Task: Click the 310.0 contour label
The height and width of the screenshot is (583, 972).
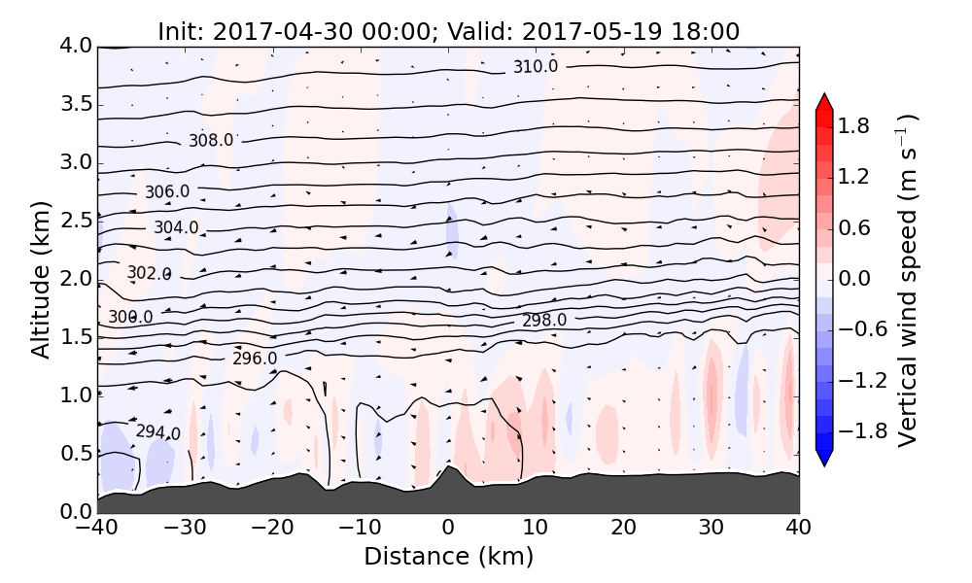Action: coord(536,66)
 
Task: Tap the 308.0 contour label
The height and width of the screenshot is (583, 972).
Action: coord(211,140)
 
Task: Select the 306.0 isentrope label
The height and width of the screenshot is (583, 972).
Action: coord(167,191)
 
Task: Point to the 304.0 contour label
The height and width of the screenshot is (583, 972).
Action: coord(176,227)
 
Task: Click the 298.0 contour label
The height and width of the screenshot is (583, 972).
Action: coord(544,321)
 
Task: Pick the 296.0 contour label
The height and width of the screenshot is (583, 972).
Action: coord(255,359)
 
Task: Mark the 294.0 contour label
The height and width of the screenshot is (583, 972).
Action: coord(157,431)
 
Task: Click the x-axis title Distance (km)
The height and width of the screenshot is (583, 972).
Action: coord(448,557)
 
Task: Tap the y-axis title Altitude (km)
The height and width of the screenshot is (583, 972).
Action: coord(40,280)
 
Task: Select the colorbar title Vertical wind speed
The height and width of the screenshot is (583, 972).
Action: coord(907,280)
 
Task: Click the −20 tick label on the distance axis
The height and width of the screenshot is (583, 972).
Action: coord(272,528)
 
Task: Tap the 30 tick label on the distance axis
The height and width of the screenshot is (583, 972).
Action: coord(712,528)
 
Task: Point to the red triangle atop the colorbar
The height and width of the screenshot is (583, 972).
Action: coord(824,101)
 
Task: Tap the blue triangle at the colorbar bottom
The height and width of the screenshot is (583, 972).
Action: coord(824,458)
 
